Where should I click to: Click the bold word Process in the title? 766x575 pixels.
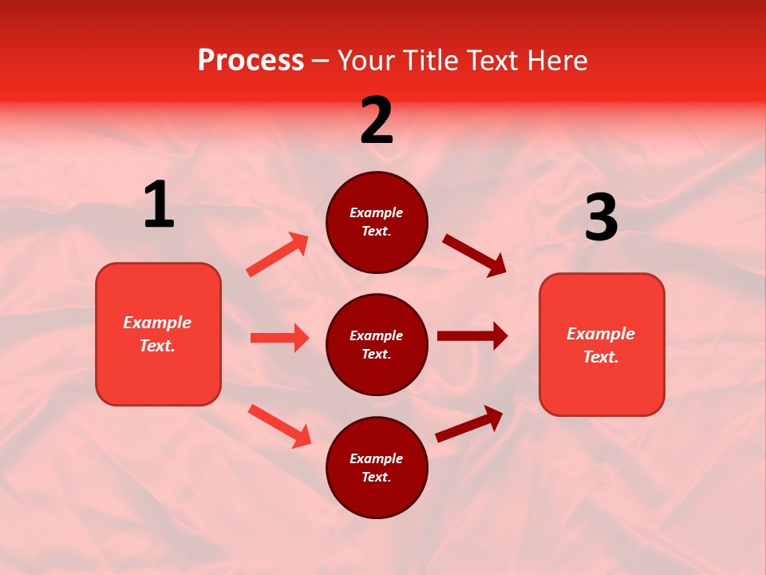click(251, 61)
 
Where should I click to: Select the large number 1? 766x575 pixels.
click(159, 205)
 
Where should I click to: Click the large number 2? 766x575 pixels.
click(377, 121)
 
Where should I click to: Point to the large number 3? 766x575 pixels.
click(601, 218)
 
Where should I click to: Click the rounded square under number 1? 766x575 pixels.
click(158, 334)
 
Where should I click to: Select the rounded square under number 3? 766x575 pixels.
click(602, 345)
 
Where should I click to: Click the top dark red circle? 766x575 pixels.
click(377, 222)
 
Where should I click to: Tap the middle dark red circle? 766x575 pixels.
click(377, 345)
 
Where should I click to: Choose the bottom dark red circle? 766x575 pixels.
click(377, 468)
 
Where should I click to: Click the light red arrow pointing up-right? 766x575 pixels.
click(278, 255)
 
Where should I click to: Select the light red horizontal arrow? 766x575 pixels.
click(279, 338)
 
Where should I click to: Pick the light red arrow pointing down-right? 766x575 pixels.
click(279, 426)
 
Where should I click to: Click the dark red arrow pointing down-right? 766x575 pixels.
click(474, 256)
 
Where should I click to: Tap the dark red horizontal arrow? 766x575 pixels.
click(472, 336)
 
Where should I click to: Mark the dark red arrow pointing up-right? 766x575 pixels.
click(469, 424)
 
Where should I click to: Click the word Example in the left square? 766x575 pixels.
click(157, 323)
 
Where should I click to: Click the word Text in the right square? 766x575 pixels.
click(599, 357)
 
